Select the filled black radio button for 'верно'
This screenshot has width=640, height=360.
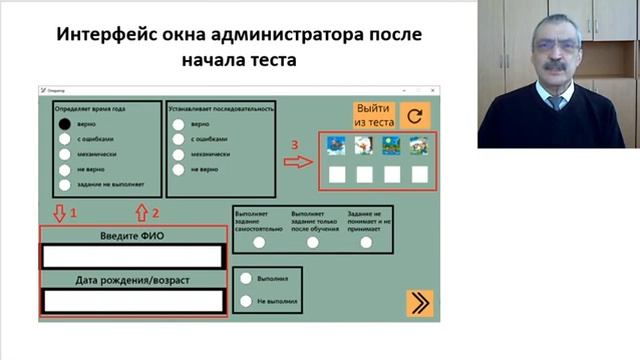click(65, 124)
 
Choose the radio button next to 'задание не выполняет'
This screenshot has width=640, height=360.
click(65, 184)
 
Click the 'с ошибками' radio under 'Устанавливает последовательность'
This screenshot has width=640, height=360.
click(178, 140)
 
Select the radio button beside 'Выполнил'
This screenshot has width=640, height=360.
click(246, 279)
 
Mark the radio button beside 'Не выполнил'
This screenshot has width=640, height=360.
click(246, 300)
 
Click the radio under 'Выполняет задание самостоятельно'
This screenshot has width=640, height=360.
click(259, 242)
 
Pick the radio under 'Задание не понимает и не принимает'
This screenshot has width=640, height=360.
click(366, 242)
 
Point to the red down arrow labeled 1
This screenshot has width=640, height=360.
click(58, 213)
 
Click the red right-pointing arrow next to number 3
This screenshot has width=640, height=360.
click(298, 161)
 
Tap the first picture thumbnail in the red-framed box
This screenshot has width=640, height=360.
click(337, 146)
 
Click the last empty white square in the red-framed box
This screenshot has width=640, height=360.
click(419, 174)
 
